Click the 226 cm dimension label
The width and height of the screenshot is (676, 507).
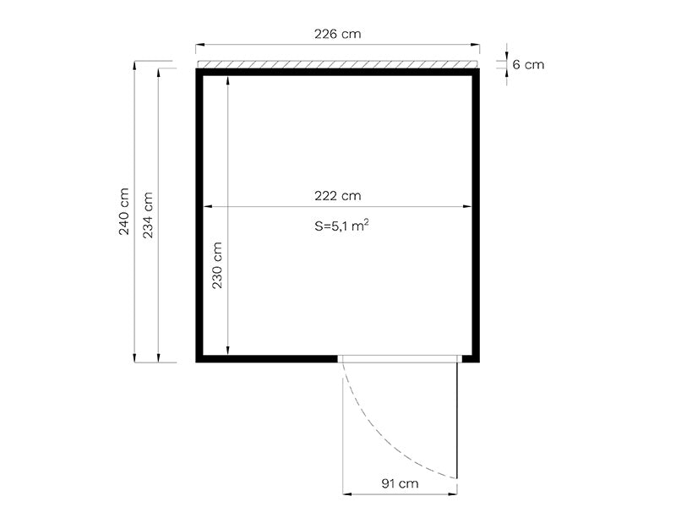tap(337, 34)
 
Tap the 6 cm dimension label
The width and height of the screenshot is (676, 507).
tap(529, 64)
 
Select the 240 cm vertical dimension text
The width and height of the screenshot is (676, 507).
tap(124, 211)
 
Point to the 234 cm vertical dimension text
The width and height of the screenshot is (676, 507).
tap(148, 215)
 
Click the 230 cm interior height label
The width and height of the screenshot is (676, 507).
tap(216, 265)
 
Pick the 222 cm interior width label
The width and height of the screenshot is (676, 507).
tap(337, 195)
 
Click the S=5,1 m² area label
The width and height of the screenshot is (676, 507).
tap(341, 226)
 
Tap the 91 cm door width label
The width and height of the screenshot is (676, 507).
tap(401, 484)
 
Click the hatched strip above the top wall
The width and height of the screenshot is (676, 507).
tap(337, 64)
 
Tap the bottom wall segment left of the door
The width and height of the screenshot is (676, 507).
tap(267, 358)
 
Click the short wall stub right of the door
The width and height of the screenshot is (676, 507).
tap(471, 358)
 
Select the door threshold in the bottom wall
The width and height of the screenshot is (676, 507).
tap(401, 358)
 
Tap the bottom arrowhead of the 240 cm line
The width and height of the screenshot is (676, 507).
tap(135, 358)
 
